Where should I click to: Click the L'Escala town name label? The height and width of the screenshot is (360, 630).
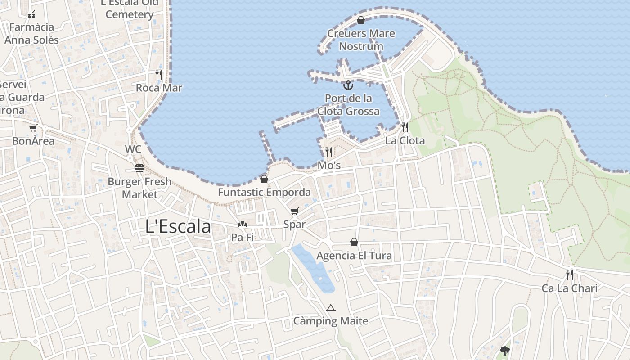pyautogui.click(x=178, y=226)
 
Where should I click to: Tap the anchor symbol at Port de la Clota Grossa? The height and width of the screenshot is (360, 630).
pyautogui.click(x=348, y=85)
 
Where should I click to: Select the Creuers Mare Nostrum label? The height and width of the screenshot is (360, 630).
pyautogui.click(x=361, y=40)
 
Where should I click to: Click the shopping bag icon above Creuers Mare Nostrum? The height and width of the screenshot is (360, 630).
pyautogui.click(x=360, y=20)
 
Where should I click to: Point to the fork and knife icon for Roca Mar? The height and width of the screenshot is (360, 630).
pyautogui.click(x=158, y=74)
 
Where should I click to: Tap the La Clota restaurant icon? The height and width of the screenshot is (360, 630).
pyautogui.click(x=405, y=127)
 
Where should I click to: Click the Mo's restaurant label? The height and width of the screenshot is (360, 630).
pyautogui.click(x=329, y=166)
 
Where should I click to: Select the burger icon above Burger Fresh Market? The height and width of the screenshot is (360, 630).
pyautogui.click(x=139, y=168)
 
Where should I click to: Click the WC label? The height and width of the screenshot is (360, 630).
pyautogui.click(x=133, y=149)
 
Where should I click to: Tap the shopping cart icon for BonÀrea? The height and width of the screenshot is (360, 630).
pyautogui.click(x=33, y=128)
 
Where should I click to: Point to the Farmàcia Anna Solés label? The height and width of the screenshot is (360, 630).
pyautogui.click(x=31, y=34)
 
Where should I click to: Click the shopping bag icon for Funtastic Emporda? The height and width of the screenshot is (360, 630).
pyautogui.click(x=264, y=179)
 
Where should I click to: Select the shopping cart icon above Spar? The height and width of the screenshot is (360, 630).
pyautogui.click(x=295, y=211)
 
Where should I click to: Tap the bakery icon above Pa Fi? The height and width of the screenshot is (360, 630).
pyautogui.click(x=243, y=224)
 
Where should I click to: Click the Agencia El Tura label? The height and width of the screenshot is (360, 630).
pyautogui.click(x=354, y=256)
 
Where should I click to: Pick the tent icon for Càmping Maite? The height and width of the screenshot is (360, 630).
pyautogui.click(x=331, y=308)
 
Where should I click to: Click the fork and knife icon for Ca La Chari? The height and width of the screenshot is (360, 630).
pyautogui.click(x=570, y=274)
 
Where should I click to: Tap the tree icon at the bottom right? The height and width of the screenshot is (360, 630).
pyautogui.click(x=505, y=351)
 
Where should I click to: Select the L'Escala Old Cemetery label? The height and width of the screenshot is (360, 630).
pyautogui.click(x=130, y=9)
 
